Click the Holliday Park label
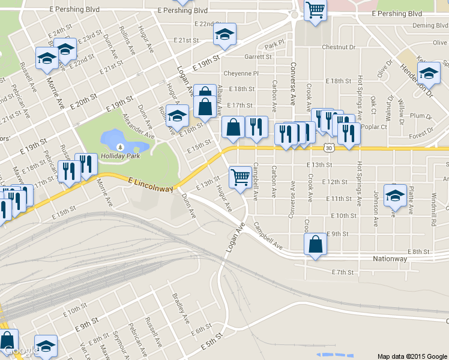[x=120, y=156]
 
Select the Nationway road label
[x=390, y=259]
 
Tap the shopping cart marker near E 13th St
[x=240, y=177]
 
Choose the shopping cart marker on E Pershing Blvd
[x=315, y=10]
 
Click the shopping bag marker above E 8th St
[x=315, y=244]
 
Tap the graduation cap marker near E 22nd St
[x=224, y=34]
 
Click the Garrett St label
[x=258, y=57]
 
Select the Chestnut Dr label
[x=339, y=47]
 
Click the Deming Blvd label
[x=430, y=26]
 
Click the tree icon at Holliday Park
[x=120, y=146]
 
